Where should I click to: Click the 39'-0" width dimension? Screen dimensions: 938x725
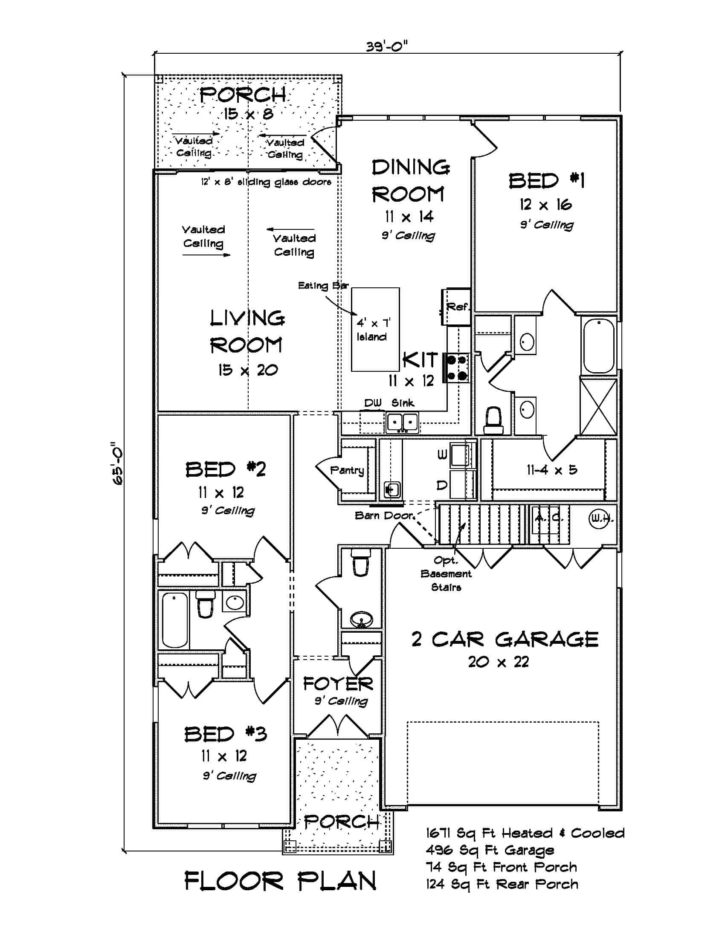pyautogui.click(x=386, y=46)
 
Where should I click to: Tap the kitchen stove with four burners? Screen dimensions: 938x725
pyautogui.click(x=457, y=368)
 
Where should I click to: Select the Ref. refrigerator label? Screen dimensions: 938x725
pyautogui.click(x=458, y=307)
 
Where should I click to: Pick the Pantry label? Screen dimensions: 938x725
pyautogui.click(x=347, y=470)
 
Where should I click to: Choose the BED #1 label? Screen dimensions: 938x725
pyautogui.click(x=546, y=181)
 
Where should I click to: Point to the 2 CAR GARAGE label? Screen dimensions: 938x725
pyautogui.click(x=505, y=639)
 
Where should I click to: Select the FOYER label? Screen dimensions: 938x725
pyautogui.click(x=338, y=683)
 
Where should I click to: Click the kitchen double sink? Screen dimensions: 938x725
pyautogui.click(x=402, y=422)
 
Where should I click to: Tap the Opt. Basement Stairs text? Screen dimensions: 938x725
pyautogui.click(x=446, y=574)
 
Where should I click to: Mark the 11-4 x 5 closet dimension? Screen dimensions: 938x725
pyautogui.click(x=552, y=470)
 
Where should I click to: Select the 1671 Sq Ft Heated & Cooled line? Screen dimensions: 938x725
pyautogui.click(x=525, y=833)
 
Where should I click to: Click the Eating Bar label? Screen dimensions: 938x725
pyautogui.click(x=323, y=286)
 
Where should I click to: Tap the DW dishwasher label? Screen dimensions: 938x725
pyautogui.click(x=373, y=403)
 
